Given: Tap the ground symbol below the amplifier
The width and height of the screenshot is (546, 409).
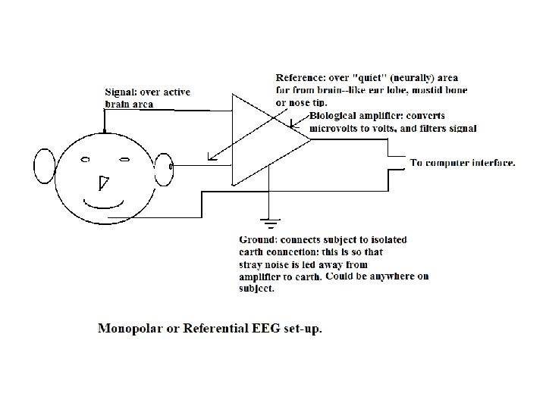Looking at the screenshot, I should (x=266, y=224).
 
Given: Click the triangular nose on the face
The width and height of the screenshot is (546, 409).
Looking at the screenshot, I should (x=103, y=182).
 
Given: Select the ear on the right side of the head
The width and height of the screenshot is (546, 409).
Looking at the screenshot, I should (x=163, y=170).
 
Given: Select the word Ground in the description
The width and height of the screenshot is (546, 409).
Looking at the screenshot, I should (x=258, y=239).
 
